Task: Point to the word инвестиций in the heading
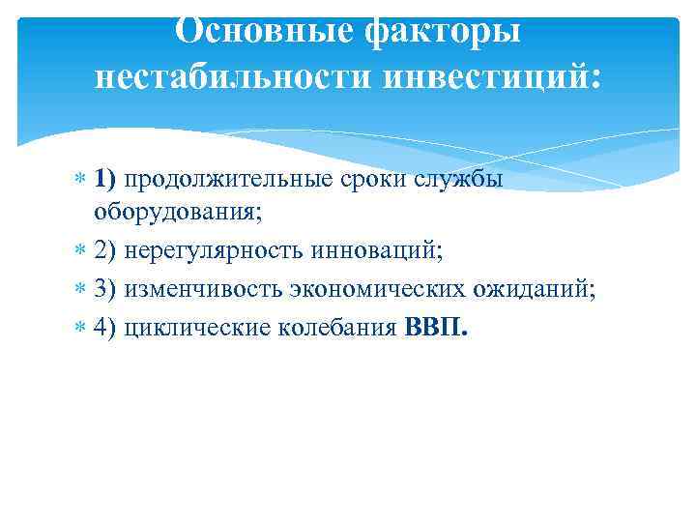coord(489,77)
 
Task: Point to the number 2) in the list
coord(106,250)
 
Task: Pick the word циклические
coord(186,327)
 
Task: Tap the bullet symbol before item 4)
coord(80,327)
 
